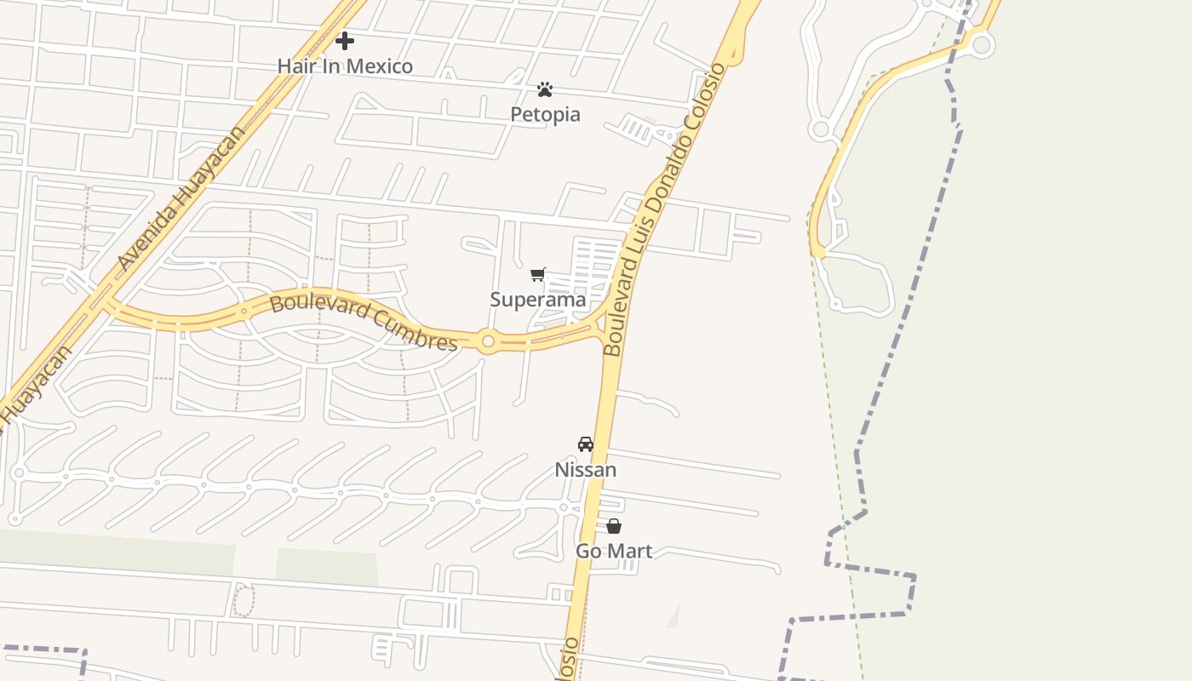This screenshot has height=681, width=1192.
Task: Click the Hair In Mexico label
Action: (x=345, y=66)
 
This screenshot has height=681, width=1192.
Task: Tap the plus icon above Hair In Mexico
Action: (x=345, y=40)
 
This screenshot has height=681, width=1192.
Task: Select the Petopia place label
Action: (x=545, y=114)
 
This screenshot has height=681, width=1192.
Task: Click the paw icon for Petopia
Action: (x=545, y=89)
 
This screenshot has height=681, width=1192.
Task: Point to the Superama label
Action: (x=538, y=300)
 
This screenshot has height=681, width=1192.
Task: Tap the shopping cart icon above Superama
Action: (x=537, y=274)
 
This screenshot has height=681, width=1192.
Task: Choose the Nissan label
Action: (x=586, y=470)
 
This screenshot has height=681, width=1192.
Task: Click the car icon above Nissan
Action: (x=586, y=444)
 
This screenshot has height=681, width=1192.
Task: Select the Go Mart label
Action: (x=614, y=552)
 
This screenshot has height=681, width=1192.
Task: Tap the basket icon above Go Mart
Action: (x=614, y=526)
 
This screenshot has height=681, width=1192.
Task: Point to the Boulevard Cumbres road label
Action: (x=364, y=322)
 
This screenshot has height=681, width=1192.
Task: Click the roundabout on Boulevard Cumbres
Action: (x=488, y=342)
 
